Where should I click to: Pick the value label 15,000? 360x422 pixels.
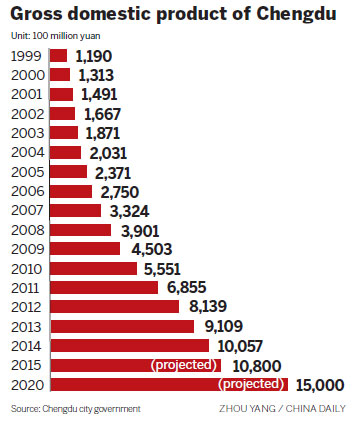click(x=320, y=384)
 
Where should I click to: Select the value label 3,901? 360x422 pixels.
click(x=140, y=230)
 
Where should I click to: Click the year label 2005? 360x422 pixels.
click(x=26, y=172)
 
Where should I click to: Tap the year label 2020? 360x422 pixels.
click(x=26, y=384)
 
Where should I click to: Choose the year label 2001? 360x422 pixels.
click(x=26, y=94)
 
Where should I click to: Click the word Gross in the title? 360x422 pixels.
click(x=37, y=15)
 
